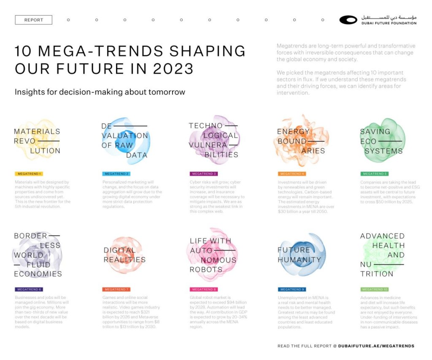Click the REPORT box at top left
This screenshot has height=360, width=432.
tap(33, 20)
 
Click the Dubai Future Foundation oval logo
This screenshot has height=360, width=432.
tap(348, 20)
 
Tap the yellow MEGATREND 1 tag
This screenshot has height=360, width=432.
tap(29, 174)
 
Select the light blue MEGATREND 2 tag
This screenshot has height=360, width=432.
tap(116, 174)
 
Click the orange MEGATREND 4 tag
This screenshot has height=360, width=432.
tap(292, 174)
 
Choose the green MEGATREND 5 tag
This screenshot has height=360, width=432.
tap(374, 174)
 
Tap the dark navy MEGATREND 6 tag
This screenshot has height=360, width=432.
tap(29, 290)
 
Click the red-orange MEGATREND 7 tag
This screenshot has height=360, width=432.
tap(116, 290)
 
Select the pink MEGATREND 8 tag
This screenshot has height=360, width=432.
tap(204, 290)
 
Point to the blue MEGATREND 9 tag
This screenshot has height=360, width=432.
tap(292, 290)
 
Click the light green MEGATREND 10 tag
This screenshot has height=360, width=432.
tap(374, 290)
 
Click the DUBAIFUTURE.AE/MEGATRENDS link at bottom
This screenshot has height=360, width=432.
tap(376, 346)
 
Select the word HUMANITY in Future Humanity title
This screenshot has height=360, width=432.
tap(299, 260)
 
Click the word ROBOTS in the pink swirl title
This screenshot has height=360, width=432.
tap(206, 270)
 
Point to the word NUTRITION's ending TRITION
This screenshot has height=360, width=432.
tap(377, 274)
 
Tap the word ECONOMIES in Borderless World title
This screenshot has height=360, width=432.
tap(38, 274)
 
